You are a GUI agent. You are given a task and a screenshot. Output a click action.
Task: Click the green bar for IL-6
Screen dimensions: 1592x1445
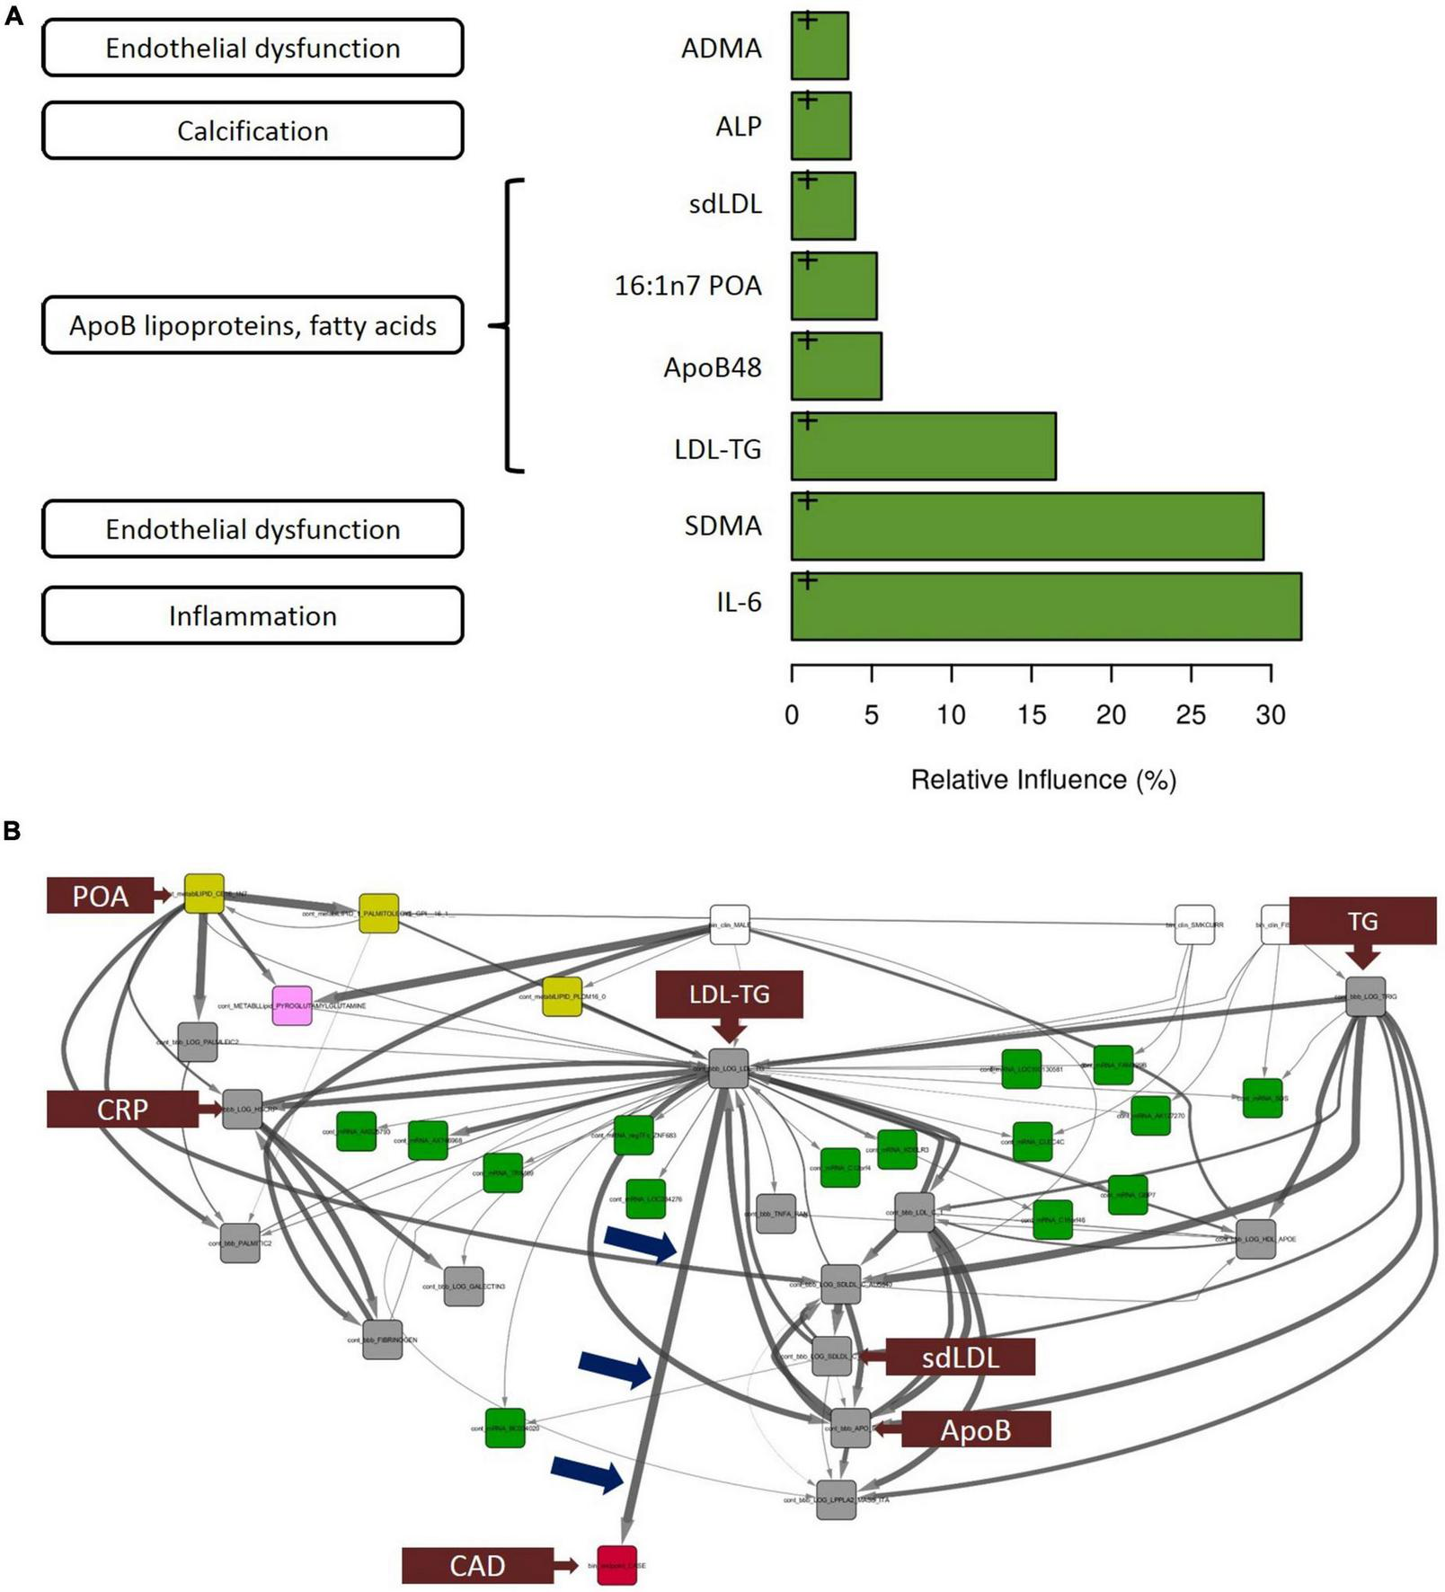1046,606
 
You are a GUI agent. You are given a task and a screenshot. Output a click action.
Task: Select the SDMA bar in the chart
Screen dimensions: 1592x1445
1027,526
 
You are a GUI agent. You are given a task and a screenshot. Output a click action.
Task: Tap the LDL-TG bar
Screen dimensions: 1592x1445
923,447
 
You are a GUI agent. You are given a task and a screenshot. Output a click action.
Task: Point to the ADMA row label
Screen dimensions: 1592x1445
721,48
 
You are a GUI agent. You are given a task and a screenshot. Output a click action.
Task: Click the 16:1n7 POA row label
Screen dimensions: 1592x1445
687,286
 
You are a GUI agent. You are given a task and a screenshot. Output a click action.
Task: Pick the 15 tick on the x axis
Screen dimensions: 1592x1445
1032,715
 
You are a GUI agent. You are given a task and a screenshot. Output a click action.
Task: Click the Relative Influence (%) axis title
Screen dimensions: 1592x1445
1043,780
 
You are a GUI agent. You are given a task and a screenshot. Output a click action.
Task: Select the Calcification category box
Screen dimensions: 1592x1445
253,131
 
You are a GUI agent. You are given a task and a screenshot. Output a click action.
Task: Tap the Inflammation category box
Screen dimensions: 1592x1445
253,616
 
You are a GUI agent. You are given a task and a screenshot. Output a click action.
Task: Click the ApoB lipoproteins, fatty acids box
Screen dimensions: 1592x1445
253,325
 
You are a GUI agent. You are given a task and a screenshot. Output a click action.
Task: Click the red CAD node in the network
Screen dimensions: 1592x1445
616,1565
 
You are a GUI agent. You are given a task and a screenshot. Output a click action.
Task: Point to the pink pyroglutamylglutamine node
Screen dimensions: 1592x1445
292,1005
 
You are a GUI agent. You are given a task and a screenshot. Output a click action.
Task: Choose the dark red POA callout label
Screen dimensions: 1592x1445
101,896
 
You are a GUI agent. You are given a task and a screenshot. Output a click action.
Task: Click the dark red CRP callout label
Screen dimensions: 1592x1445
122,1110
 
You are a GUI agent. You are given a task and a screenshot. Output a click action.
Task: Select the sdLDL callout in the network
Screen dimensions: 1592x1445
960,1357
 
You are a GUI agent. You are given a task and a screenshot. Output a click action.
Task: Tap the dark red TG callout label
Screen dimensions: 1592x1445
1362,921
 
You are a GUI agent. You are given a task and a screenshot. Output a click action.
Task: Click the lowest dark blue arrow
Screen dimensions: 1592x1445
588,1474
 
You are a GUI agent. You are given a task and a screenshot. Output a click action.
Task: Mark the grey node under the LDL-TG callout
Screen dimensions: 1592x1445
729,1069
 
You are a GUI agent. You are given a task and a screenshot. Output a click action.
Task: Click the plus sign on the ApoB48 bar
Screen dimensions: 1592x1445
808,340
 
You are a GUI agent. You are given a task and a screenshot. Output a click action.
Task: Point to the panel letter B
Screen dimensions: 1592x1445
13,831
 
